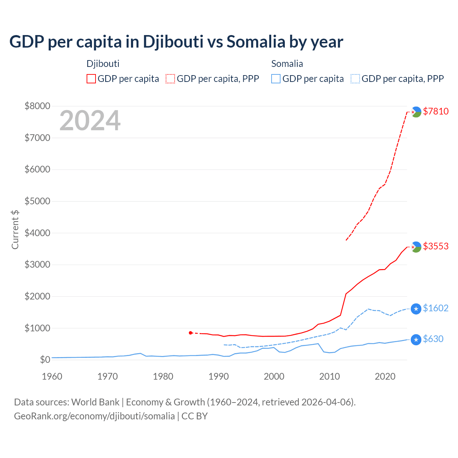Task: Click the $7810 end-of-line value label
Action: [x=435, y=111]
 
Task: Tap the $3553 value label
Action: [x=435, y=246]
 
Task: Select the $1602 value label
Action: [x=435, y=308]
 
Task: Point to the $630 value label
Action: [x=433, y=339]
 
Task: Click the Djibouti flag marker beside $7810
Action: [x=416, y=112]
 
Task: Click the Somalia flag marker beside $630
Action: [x=416, y=339]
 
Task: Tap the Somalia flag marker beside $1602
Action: [x=416, y=308]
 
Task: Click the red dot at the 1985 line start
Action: [x=190, y=333]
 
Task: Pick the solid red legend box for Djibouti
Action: [x=91, y=79]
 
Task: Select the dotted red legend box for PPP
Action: [x=170, y=79]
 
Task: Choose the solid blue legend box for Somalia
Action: [x=276, y=79]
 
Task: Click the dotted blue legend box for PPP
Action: [x=355, y=79]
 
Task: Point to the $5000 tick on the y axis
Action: [x=37, y=201]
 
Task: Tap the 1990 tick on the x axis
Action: [x=218, y=376]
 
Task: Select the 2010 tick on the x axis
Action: [x=329, y=376]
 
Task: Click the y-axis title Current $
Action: [x=15, y=229]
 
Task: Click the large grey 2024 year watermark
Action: [x=90, y=121]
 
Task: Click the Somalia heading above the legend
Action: [x=287, y=64]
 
